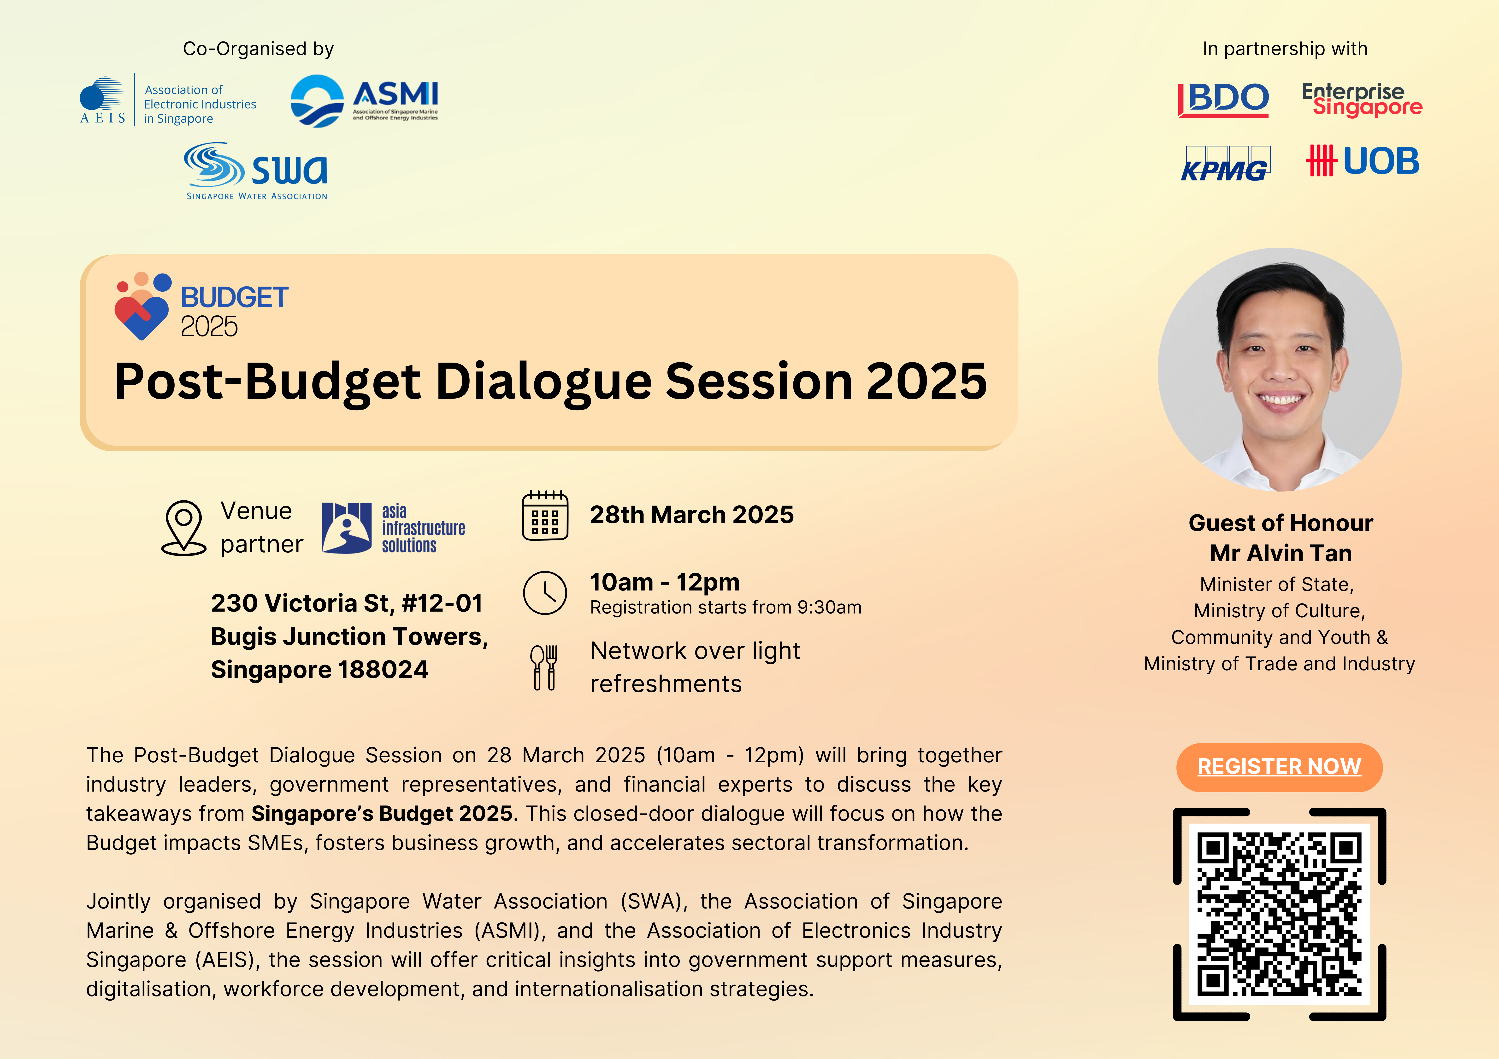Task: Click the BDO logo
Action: [x=1223, y=100]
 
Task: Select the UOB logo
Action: [x=1363, y=161]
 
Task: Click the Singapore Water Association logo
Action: [x=256, y=171]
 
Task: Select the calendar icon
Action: [x=545, y=515]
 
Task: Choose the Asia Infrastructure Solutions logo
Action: [x=394, y=528]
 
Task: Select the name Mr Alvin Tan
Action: [x=1280, y=553]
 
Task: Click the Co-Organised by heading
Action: [x=259, y=49]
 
